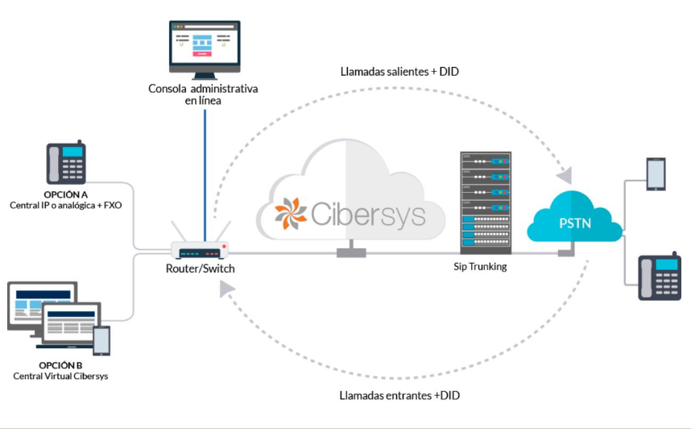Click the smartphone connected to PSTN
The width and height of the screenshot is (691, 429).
656,174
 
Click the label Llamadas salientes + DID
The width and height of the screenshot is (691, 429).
399,72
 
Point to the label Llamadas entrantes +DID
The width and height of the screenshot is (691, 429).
399,396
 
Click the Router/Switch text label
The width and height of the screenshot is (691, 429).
200,269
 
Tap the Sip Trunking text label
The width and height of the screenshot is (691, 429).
481,266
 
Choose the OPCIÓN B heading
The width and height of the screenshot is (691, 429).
60,365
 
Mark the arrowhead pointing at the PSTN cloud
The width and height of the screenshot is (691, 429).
567,175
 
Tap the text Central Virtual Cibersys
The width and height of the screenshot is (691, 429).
60,377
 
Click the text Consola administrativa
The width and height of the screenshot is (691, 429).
203,89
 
